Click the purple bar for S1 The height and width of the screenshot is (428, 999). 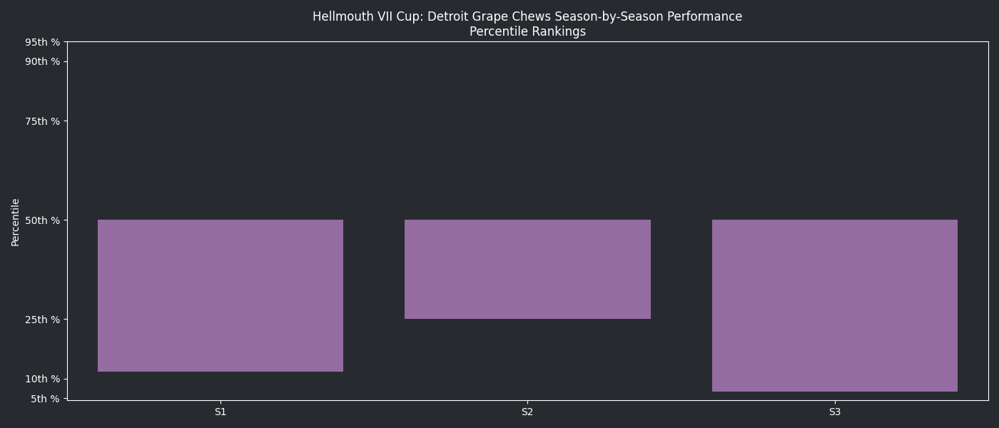220,295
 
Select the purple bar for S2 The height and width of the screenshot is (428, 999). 527,269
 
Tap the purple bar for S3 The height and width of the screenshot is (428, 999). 835,305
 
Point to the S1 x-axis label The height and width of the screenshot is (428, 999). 220,412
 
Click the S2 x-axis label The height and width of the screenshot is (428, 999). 527,412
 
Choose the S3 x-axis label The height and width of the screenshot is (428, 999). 835,412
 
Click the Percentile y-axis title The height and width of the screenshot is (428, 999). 16,222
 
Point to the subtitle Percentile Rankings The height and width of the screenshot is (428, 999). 527,31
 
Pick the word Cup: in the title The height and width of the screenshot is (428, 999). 409,16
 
